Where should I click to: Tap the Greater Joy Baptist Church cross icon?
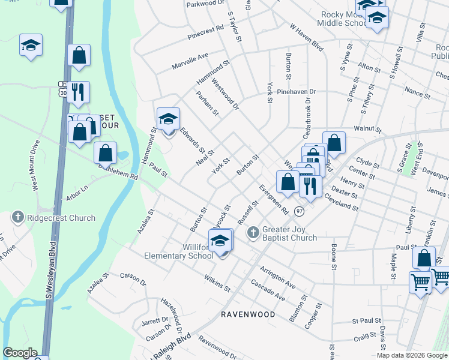pyautogui.click(x=254, y=231)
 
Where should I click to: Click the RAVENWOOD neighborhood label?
pyautogui.click(x=248, y=314)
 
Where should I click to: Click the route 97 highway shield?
pyautogui.click(x=300, y=212)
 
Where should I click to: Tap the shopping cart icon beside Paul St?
pyautogui.click(x=420, y=281)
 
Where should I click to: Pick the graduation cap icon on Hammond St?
pyautogui.click(x=168, y=118)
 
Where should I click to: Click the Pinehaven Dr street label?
pyautogui.click(x=297, y=92)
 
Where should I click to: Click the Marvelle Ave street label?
pyautogui.click(x=190, y=61)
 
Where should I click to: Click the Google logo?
pyautogui.click(x=20, y=353)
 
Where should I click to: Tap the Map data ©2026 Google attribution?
pyautogui.click(x=412, y=355)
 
